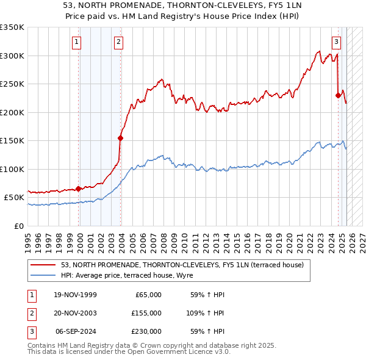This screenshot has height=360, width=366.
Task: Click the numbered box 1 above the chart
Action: (x=77, y=42)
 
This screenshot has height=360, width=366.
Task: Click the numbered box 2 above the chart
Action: (x=118, y=42)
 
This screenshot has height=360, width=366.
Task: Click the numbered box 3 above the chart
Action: (x=336, y=42)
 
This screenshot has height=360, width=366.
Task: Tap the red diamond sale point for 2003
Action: (x=120, y=138)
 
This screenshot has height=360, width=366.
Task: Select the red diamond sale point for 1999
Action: (x=78, y=189)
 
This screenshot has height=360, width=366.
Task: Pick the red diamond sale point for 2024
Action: (x=338, y=95)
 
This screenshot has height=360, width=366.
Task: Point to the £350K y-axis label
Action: (x=12, y=27)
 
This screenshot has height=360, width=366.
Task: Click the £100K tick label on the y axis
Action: (x=12, y=169)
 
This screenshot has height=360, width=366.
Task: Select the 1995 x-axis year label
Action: (x=27, y=238)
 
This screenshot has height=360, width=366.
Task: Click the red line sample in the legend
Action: (x=43, y=265)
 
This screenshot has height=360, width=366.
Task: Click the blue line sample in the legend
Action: (x=43, y=275)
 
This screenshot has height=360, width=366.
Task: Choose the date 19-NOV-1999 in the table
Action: (x=75, y=295)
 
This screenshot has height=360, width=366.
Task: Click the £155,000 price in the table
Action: (x=146, y=312)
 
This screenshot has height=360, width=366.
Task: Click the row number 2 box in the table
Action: (x=31, y=312)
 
